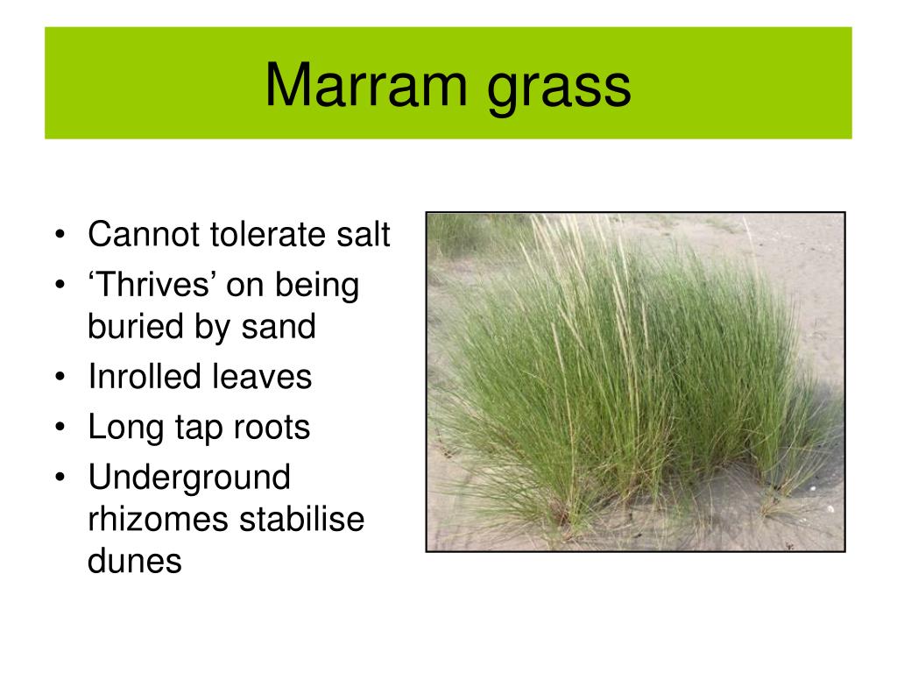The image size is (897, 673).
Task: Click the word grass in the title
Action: coord(560,89)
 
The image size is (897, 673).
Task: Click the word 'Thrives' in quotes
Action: coord(156,286)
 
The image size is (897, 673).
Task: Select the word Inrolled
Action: coord(145,377)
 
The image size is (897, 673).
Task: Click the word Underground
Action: coord(188,478)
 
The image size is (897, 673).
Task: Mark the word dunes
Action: coord(134,561)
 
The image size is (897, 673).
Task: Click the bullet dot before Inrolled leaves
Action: coord(59,378)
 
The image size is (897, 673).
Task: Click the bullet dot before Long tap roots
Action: coord(59,429)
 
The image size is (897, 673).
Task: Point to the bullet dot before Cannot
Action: coord(59,235)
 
